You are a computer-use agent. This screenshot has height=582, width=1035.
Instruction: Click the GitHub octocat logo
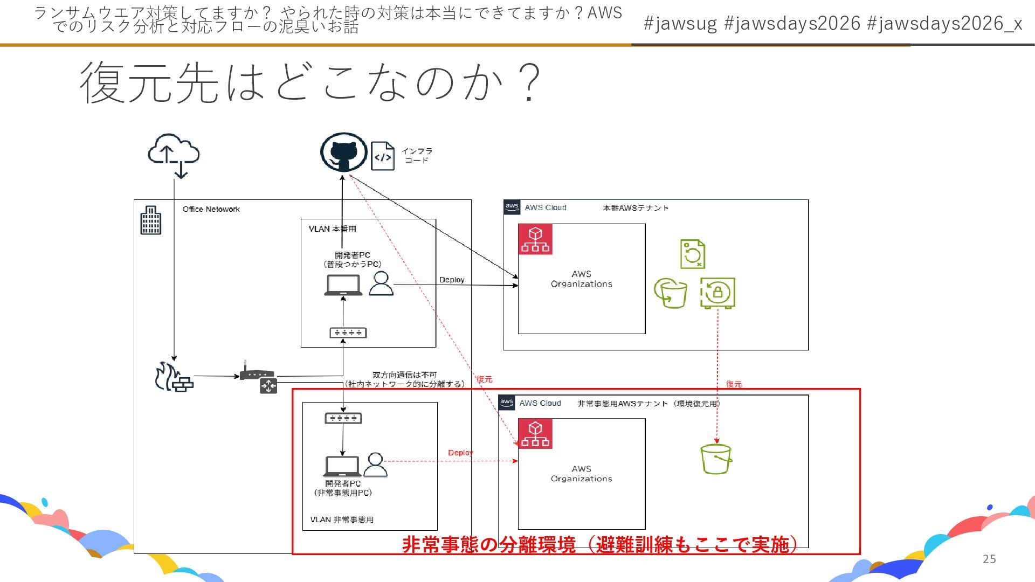(344, 152)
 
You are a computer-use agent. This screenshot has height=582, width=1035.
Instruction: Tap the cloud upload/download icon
(174, 155)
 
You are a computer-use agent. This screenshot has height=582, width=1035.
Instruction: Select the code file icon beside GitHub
(383, 156)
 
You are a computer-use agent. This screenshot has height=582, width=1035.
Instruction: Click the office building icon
(151, 220)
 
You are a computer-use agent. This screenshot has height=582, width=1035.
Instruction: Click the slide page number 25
(989, 559)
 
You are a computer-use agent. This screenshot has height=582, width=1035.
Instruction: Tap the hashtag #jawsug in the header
(680, 23)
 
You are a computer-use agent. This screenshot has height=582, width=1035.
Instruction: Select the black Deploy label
(452, 280)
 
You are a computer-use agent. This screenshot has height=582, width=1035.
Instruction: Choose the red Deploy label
(460, 453)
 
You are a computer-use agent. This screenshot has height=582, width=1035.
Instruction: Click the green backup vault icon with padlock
(717, 293)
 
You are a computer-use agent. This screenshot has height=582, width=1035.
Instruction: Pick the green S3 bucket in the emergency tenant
(716, 459)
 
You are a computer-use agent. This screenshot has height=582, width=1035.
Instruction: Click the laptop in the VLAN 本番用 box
(343, 285)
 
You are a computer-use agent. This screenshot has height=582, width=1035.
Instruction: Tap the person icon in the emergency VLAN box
(375, 465)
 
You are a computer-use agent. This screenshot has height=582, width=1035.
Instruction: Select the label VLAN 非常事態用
(342, 519)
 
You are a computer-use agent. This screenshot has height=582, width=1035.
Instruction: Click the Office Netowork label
(211, 209)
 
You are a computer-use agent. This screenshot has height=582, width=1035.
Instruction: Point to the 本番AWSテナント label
(636, 208)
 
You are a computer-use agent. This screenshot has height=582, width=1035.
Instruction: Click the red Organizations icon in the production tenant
(535, 239)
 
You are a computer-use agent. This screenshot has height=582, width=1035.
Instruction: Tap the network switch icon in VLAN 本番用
(348, 332)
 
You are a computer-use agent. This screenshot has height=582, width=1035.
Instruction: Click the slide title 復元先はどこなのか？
(310, 82)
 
